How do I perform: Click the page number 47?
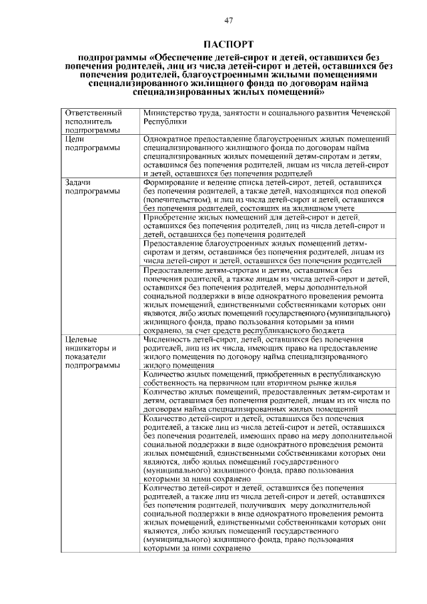(228, 21)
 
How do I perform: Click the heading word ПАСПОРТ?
(228, 45)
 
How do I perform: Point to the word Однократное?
(171, 139)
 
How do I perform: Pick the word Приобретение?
(171, 217)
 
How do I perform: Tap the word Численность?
(169, 339)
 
